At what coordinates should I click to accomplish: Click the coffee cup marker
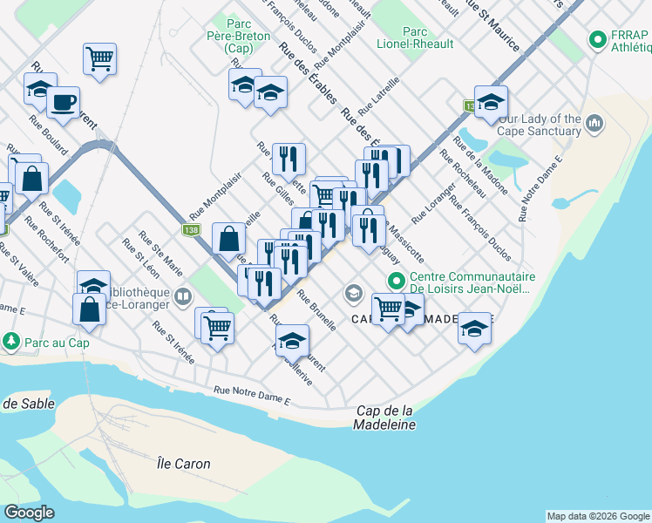coord(64,102)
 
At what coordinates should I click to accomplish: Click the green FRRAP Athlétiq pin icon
coord(598,40)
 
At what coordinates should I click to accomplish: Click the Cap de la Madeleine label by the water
coord(384,418)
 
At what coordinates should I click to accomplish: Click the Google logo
coord(29,513)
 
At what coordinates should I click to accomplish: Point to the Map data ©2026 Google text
coord(598,516)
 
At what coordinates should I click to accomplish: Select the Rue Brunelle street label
coord(317,310)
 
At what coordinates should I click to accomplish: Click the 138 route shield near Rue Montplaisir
coord(190,230)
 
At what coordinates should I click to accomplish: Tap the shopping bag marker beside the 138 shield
coord(228,238)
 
